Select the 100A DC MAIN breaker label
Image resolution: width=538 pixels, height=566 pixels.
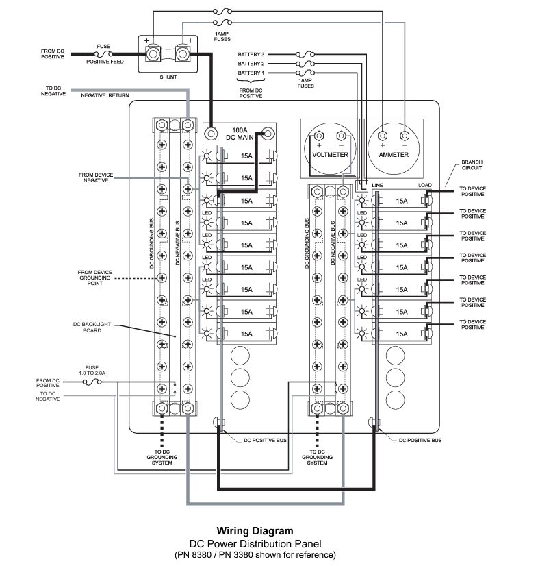(240, 133)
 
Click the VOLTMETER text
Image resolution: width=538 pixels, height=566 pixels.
(330, 155)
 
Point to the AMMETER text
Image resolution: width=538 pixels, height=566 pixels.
(394, 155)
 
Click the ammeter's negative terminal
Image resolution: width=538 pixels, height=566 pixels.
(405, 134)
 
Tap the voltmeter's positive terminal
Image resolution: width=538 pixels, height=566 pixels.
(318, 134)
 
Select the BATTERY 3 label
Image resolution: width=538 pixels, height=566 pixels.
(251, 53)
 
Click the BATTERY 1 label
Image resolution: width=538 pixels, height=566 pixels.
(251, 72)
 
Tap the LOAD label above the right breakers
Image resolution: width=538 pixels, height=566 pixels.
(425, 186)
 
